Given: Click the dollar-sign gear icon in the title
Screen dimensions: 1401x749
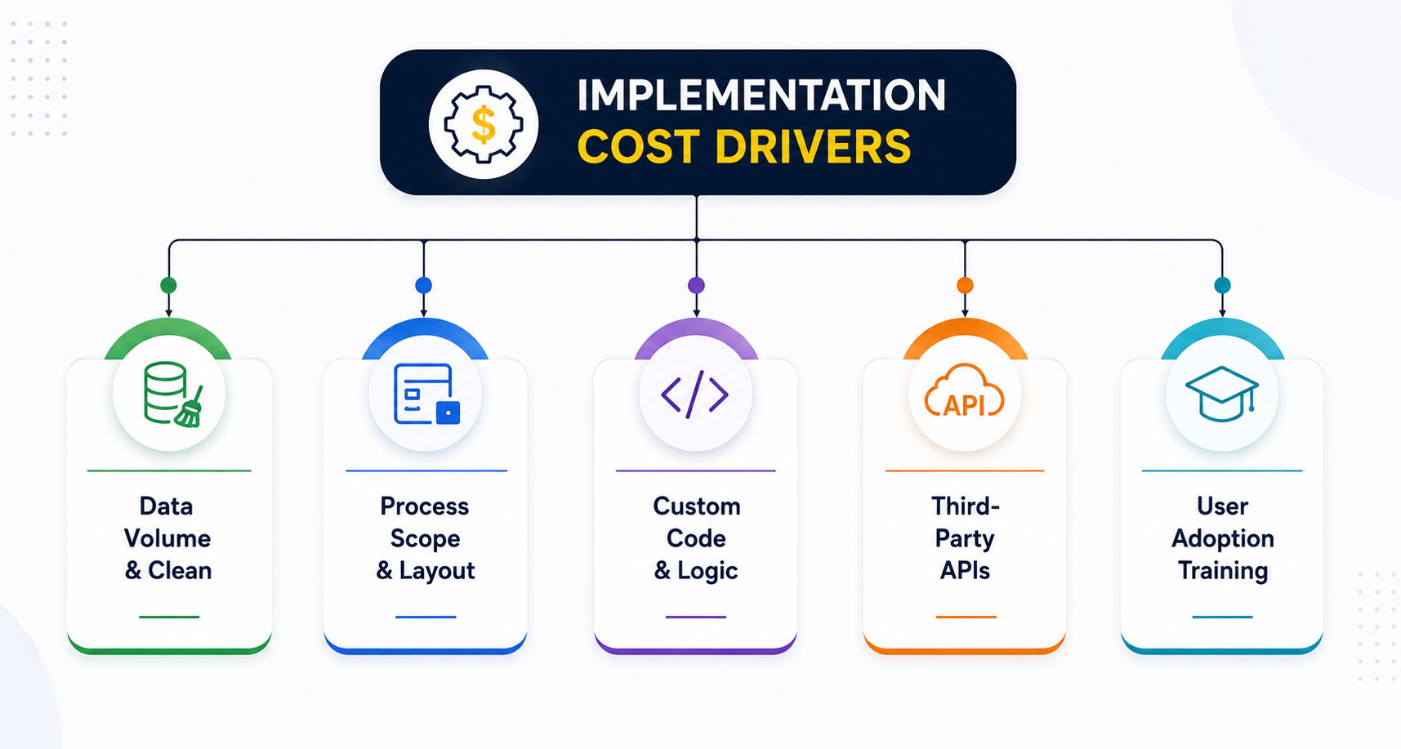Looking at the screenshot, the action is pos(483,125).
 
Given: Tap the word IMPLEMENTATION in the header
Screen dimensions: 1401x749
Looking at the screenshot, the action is pos(761,96).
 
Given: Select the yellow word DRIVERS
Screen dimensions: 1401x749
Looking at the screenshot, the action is pos(813,147).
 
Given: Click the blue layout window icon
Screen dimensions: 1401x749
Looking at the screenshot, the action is pos(426,395).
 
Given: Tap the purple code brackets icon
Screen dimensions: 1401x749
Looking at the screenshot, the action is pos(695,395).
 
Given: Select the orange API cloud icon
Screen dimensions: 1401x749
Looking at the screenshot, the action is pos(964,392).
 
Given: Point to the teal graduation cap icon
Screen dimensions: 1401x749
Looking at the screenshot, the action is pos(1222,394).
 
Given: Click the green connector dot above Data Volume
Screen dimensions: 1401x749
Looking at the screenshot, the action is pos(169,285).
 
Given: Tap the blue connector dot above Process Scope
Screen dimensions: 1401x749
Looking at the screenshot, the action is pos(423,285).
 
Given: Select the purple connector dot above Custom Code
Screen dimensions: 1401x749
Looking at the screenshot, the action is pos(696,285).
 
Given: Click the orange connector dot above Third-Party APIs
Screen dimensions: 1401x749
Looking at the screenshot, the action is pos(965,285).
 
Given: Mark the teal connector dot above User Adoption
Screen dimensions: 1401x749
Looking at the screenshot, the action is pos(1222,285).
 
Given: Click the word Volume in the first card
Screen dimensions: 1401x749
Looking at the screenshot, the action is pos(167,538).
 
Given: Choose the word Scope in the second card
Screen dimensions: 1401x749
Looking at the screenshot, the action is pos(425,539).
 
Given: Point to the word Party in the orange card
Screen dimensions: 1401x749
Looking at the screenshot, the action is pos(965,539).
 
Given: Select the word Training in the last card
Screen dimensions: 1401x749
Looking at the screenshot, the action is pos(1223,571).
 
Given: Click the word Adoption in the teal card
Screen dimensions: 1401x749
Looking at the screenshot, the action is pos(1223,539).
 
